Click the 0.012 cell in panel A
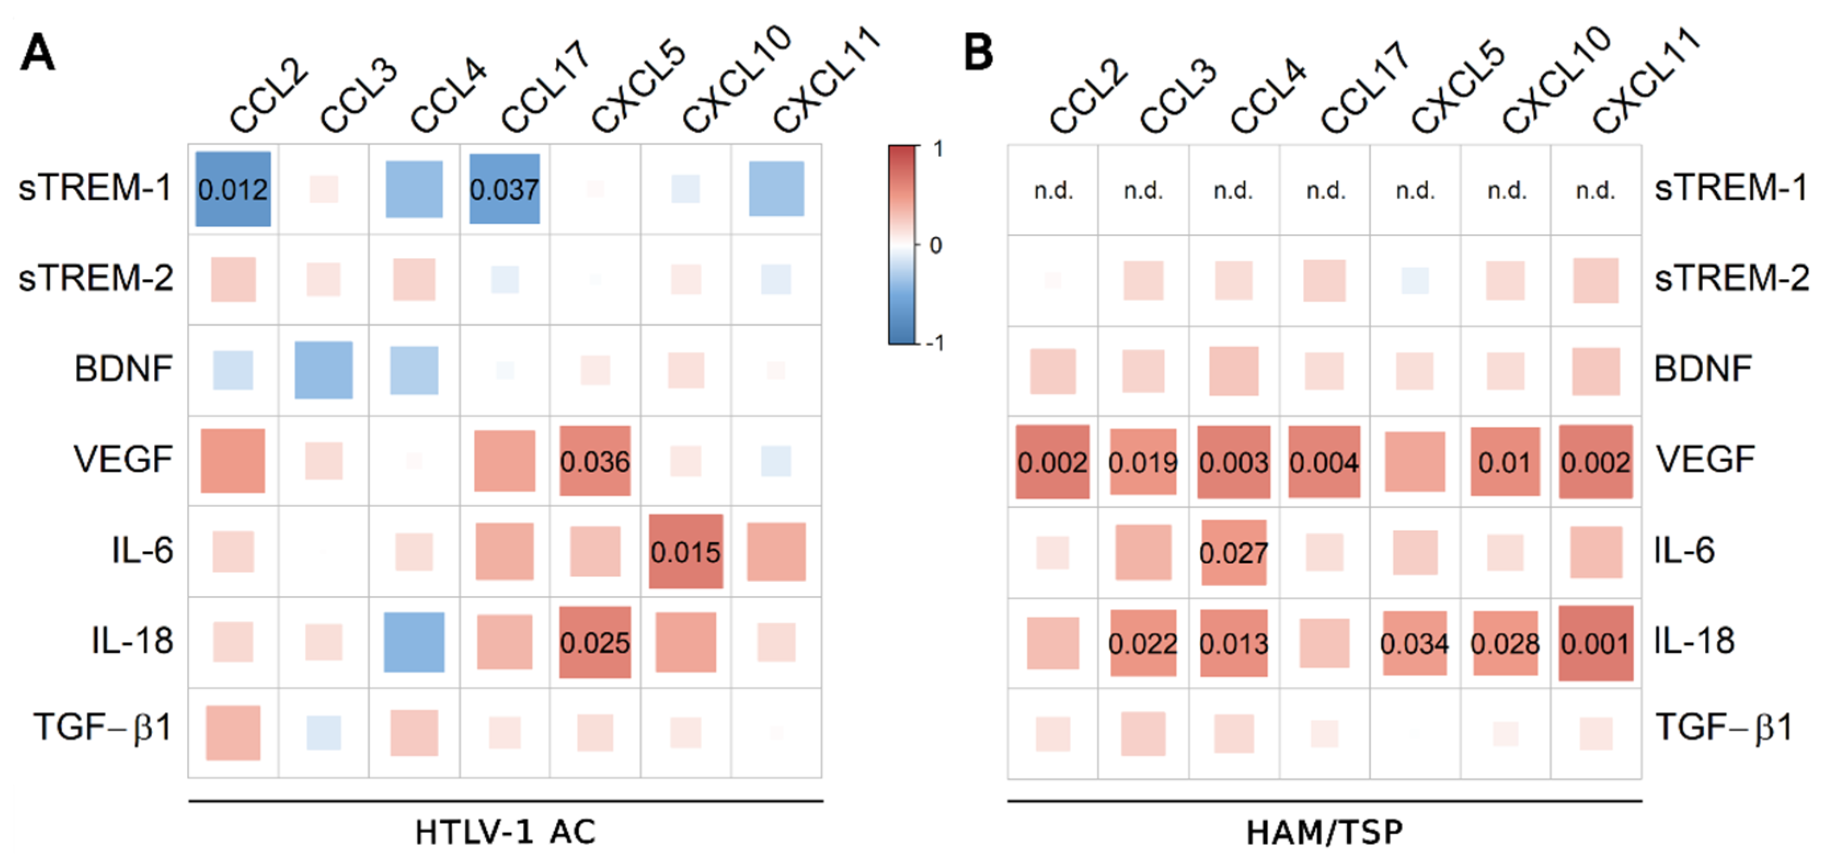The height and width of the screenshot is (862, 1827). (x=233, y=189)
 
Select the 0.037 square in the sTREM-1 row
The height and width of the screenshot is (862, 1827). (x=504, y=189)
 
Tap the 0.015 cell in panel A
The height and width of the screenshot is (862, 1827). (x=686, y=552)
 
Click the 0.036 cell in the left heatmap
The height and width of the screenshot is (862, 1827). (x=595, y=461)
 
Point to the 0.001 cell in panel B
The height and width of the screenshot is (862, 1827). (x=1596, y=643)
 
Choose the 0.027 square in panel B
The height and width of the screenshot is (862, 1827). (x=1233, y=553)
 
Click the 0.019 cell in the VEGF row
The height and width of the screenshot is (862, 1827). (x=1144, y=462)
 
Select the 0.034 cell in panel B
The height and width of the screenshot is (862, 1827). (x=1414, y=643)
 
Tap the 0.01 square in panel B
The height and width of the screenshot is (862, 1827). (x=1505, y=462)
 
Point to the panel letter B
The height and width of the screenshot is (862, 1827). (x=979, y=53)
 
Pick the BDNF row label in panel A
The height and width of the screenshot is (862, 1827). (x=123, y=369)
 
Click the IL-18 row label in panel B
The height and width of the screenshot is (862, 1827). (x=1694, y=641)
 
